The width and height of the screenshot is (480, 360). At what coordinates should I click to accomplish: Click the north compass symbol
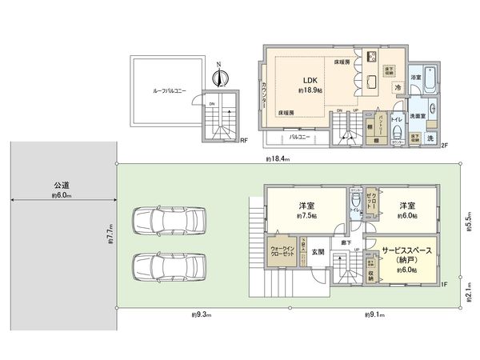pos(219,77)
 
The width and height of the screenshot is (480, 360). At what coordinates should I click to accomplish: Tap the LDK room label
pos(310,81)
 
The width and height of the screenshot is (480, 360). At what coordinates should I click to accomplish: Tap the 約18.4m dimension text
pos(278,160)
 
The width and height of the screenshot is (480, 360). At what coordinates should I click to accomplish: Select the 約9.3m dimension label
pos(201,314)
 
